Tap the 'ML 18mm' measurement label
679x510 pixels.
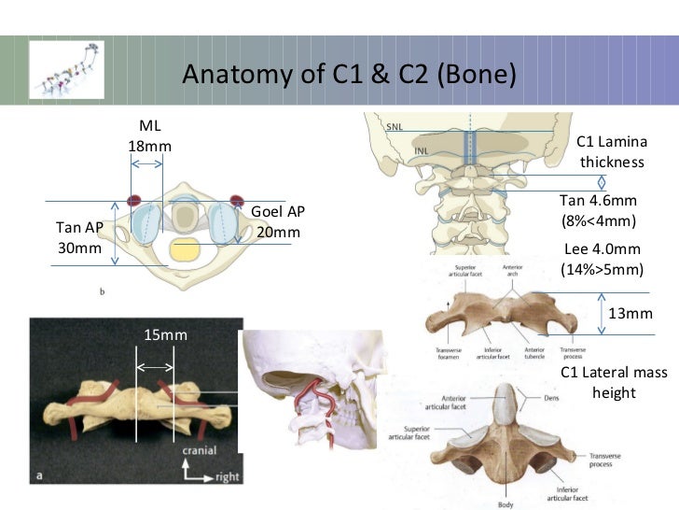pos(150,136)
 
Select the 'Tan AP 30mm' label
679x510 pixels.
pos(79,238)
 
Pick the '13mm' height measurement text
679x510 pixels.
pos(630,314)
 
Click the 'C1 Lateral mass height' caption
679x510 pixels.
pos(613,383)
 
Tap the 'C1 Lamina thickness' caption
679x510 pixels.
pos(612,151)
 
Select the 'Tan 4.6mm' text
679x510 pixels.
pos(598,201)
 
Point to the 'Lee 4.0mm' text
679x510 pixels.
pos(603,248)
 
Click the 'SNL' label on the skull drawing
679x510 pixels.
pos(395,125)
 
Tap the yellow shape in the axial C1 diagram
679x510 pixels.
pos(186,249)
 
